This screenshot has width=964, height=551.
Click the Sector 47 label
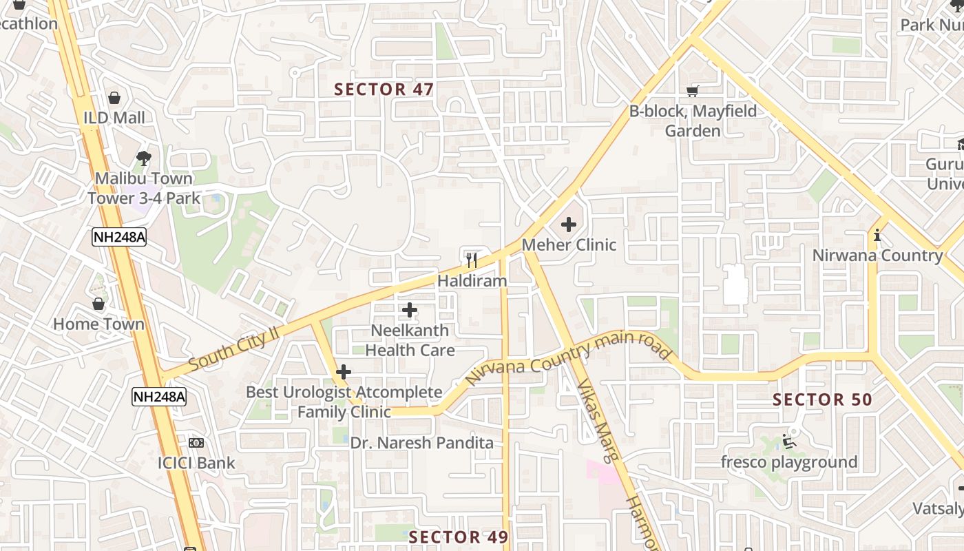384,90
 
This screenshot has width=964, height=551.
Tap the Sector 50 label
822,399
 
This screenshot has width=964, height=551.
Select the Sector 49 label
459,537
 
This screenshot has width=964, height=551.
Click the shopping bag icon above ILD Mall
114,98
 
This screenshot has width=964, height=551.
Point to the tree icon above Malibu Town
143,158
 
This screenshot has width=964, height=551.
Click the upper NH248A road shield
119,237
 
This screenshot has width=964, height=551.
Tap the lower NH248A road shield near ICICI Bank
159,396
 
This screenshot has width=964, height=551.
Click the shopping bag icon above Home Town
99,304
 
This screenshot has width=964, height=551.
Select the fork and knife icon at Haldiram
472,260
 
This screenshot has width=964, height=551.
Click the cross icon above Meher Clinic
569,224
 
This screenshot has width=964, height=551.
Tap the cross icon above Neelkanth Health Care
410,310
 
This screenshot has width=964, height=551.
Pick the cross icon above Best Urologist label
344,373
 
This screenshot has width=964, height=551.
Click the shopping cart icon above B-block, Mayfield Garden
693,91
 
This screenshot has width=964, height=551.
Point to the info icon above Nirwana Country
877,236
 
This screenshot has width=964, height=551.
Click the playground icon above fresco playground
789,441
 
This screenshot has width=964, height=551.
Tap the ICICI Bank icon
196,443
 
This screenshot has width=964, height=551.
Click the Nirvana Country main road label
568,356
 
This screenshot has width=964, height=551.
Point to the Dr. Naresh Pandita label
422,443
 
